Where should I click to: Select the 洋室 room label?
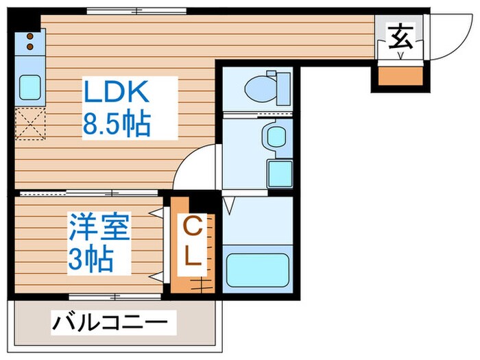click(x=98, y=228)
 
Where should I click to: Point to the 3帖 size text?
click(x=90, y=259)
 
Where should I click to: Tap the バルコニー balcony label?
click(x=110, y=321)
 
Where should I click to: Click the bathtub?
click(x=258, y=269)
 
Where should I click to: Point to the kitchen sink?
click(x=29, y=86)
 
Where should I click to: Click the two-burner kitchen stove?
click(x=30, y=41)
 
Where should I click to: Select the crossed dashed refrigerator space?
click(x=30, y=123)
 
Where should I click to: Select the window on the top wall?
click(x=136, y=11)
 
